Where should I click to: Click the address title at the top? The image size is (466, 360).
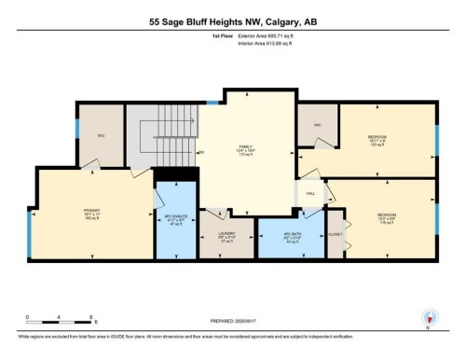click(x=232, y=20)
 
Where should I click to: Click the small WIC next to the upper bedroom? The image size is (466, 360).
click(x=317, y=124)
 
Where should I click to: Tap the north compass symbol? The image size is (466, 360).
click(x=428, y=317)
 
